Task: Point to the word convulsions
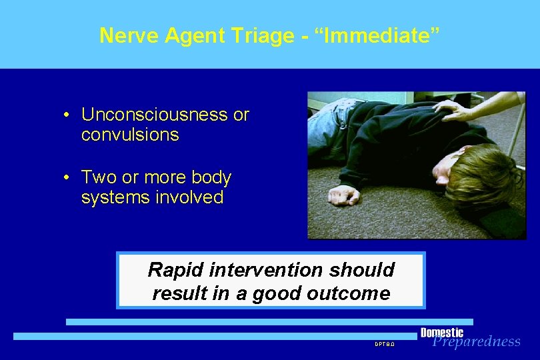(130, 135)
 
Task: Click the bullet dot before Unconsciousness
(67, 115)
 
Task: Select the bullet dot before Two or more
(67, 178)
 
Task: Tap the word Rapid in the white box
(173, 270)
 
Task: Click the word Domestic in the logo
(441, 333)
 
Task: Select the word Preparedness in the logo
(476, 342)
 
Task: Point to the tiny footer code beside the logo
(385, 344)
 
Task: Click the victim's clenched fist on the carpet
(345, 195)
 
